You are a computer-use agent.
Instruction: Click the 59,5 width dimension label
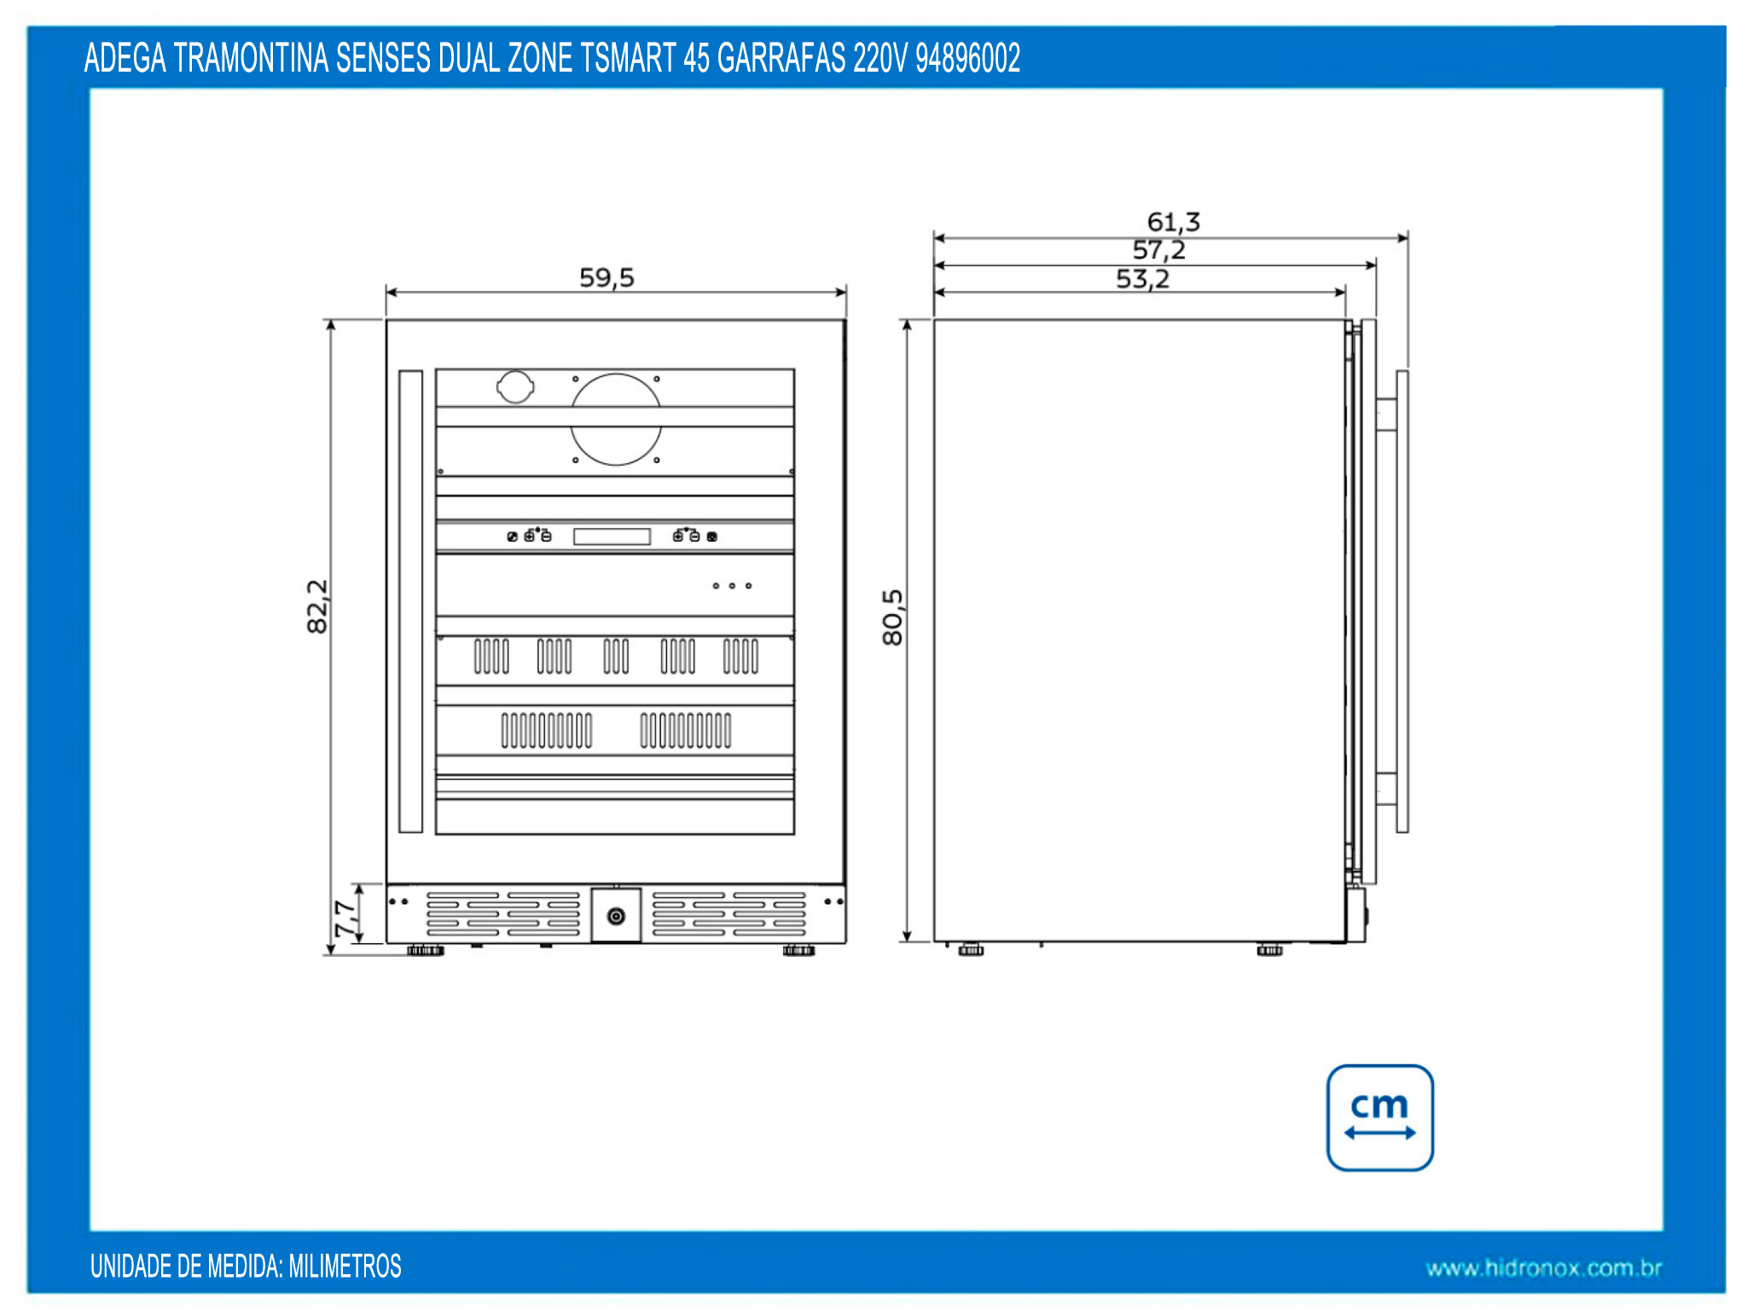607,278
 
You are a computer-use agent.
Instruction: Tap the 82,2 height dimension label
317,606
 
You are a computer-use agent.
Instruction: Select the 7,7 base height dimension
345,919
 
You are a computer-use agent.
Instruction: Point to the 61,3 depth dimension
1174,223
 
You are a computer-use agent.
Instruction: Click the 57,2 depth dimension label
1158,251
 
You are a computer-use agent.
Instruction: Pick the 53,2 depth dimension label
1142,279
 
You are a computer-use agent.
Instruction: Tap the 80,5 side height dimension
892,617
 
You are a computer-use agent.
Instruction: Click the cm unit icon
1379,1117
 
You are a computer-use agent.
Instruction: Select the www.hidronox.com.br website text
1544,1268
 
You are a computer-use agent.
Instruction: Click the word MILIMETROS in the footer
345,1267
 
